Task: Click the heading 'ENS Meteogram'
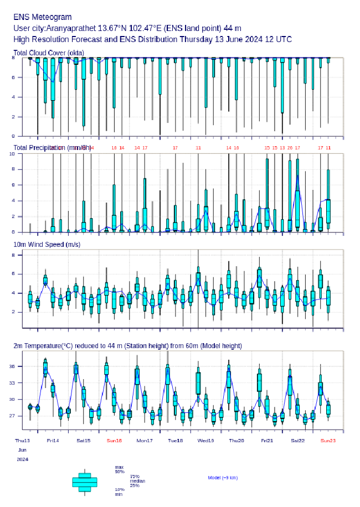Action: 42,18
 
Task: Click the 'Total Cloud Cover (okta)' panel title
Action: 49,53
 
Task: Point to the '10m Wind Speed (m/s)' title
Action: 47,244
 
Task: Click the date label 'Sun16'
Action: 114,441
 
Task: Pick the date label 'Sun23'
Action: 328,441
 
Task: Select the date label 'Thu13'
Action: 22,441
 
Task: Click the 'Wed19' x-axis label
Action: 205,441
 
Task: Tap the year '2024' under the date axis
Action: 22,459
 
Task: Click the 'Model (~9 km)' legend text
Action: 223,478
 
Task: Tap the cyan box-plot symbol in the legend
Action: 85,482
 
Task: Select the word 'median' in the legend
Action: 137,481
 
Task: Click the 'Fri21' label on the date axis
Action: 266,441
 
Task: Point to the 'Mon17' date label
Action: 145,441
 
